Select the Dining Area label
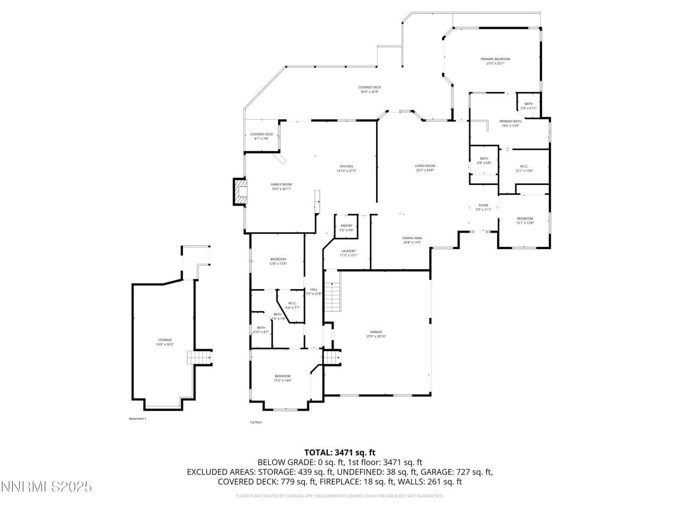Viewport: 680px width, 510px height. (412, 240)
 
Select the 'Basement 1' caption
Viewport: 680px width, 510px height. (137, 419)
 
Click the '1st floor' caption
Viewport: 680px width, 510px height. (256, 422)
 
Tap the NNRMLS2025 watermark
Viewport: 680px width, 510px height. (47, 487)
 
